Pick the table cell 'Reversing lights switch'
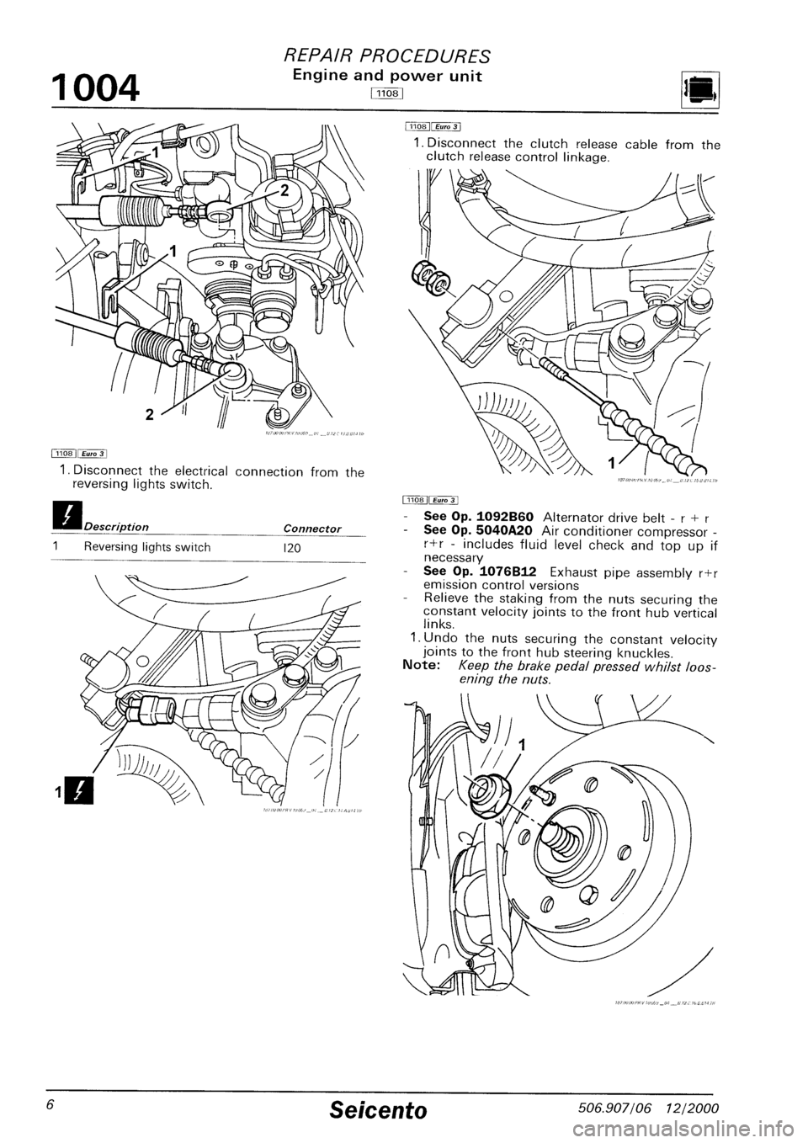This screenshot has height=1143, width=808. coord(146,546)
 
